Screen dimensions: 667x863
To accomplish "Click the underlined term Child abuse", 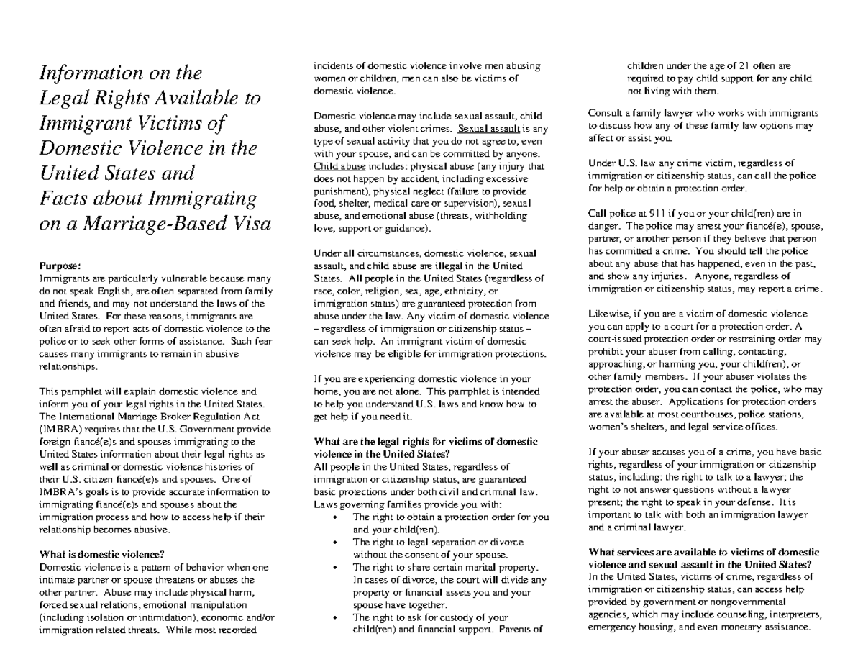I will pyautogui.click(x=336, y=166).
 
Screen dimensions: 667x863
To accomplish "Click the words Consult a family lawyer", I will pyautogui.click(x=641, y=113).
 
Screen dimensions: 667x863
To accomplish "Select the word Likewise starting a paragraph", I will pyautogui.click(x=608, y=314).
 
